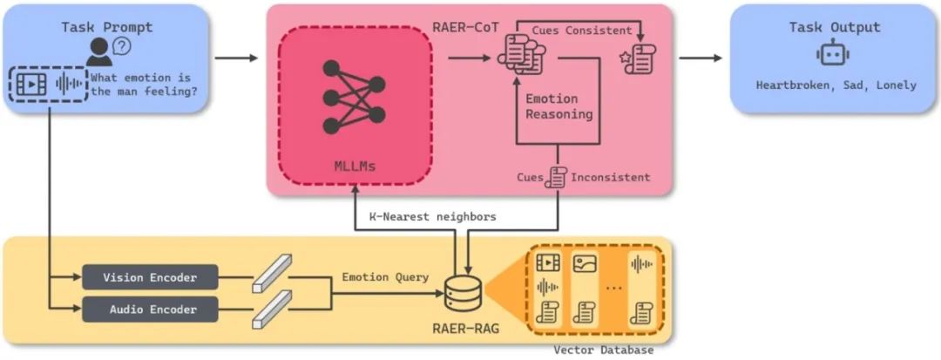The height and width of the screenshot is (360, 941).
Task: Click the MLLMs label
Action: coord(355,165)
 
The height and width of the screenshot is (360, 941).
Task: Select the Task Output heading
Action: coord(834,27)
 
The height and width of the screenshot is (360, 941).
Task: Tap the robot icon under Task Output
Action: coord(833,56)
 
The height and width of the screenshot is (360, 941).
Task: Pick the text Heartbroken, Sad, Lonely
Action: coord(836,85)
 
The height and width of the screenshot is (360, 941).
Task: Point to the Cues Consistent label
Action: coord(581,31)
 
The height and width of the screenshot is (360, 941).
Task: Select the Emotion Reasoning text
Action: coord(559,106)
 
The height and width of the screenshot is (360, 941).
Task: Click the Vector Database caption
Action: coord(603,350)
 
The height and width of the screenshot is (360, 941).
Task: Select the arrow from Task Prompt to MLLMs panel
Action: coord(235,58)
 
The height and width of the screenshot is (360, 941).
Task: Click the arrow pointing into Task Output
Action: coord(701,58)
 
